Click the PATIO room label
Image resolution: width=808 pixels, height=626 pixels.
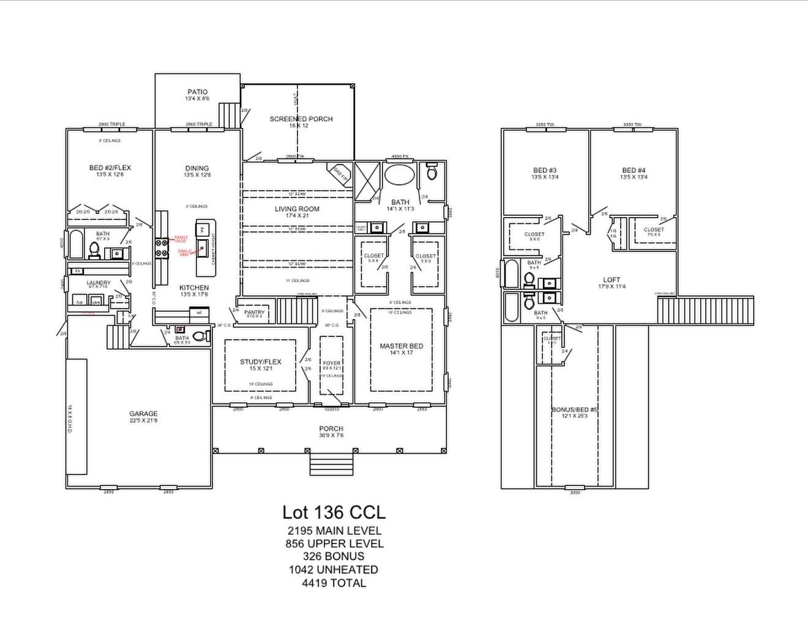tap(197, 92)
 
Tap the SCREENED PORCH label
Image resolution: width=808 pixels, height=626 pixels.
tap(301, 119)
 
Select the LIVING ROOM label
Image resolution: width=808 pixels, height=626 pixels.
tap(297, 209)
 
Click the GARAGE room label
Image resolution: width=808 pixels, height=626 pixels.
tap(143, 414)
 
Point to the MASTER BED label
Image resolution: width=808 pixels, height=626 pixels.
tap(401, 346)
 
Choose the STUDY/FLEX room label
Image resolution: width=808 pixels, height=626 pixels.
tap(260, 362)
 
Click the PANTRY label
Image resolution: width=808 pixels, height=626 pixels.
tap(254, 312)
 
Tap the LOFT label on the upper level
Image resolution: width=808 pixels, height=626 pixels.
tap(612, 280)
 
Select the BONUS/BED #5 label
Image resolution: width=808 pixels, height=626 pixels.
tap(574, 410)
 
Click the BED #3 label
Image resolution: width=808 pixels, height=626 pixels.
tap(545, 171)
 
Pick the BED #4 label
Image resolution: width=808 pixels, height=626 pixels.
tap(634, 171)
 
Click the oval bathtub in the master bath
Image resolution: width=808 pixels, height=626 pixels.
tap(399, 174)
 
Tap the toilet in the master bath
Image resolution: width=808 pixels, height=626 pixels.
tap(432, 172)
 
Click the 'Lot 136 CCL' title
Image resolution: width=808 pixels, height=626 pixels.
tap(334, 512)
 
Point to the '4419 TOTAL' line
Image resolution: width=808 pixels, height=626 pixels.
tap(334, 583)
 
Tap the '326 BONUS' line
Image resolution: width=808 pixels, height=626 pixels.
tap(334, 556)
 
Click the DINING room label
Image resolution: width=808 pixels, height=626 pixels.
tap(197, 168)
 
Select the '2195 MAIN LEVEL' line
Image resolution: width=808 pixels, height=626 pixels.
tap(334, 531)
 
